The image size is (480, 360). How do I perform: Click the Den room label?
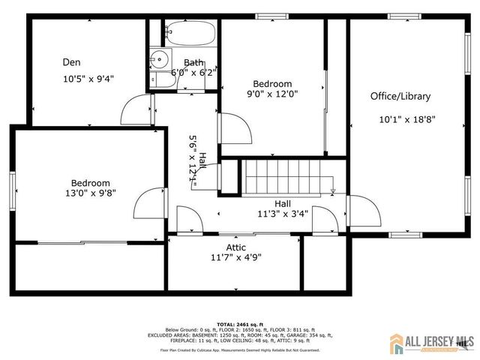coord(72,62)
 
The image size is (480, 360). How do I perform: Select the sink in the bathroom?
coord(159,58)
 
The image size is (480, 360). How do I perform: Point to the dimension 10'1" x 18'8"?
coord(406,118)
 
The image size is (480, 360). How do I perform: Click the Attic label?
coord(235,247)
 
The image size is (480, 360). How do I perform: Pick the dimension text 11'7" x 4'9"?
coord(235,257)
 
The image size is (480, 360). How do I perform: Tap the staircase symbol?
coord(289,178)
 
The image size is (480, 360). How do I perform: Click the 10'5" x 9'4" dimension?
coord(88,77)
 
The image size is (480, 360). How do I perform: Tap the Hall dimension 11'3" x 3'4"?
coord(283,213)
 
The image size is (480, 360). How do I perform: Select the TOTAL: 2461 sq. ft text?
coord(240,324)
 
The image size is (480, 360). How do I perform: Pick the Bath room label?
coord(193,63)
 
